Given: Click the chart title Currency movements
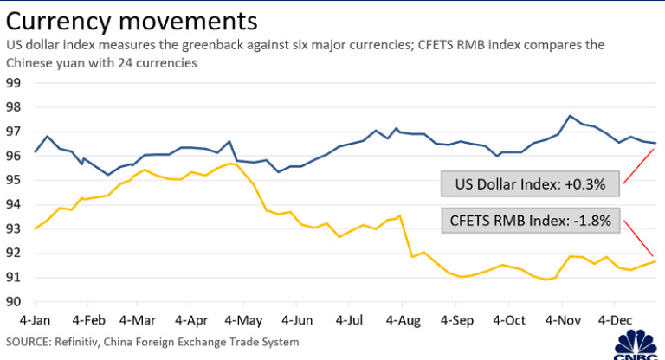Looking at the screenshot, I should coord(131,19).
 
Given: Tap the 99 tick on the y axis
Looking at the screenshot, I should coord(14,84).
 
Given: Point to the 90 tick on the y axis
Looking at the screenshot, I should coord(14,302).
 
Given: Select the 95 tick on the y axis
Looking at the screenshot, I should coord(14,181).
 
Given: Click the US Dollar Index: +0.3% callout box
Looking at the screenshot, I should coord(528,183).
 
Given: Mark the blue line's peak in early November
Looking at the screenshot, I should coord(569,116).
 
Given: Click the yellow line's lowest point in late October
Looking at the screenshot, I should coord(546,280).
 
